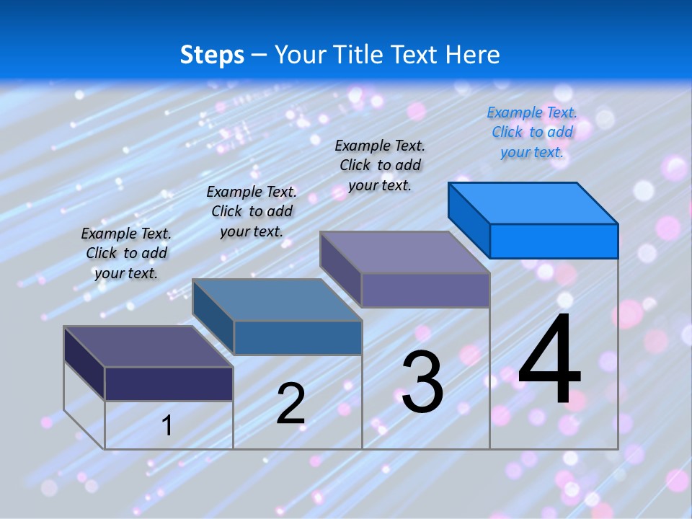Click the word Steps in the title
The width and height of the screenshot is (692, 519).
click(x=212, y=56)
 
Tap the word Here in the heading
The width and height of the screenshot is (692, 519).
click(x=472, y=54)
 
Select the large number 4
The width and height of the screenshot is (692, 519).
click(x=549, y=358)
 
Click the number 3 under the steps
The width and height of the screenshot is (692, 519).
click(x=422, y=382)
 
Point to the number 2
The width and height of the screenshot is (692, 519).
click(x=290, y=404)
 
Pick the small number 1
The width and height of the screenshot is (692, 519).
click(x=167, y=425)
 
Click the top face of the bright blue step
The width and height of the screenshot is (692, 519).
click(x=533, y=203)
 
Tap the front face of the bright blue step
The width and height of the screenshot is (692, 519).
click(x=554, y=241)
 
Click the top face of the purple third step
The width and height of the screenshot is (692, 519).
click(x=404, y=252)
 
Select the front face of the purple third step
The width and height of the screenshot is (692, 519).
click(x=425, y=290)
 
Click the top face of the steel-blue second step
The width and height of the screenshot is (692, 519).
click(x=277, y=300)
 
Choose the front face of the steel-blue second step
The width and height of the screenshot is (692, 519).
click(x=298, y=337)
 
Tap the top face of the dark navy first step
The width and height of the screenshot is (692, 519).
click(x=148, y=347)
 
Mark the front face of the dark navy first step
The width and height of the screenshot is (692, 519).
click(x=169, y=384)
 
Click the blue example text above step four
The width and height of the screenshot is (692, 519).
click(x=532, y=132)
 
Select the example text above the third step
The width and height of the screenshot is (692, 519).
click(x=380, y=165)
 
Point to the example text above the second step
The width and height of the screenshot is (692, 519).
click(x=252, y=211)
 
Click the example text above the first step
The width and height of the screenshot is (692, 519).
click(x=125, y=253)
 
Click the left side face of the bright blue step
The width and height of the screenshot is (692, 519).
click(x=469, y=220)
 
